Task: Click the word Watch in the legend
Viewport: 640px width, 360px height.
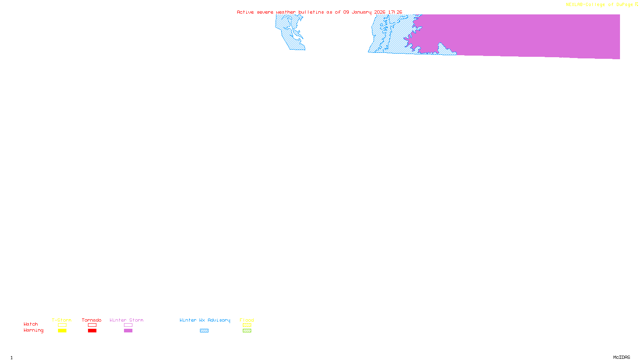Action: pyautogui.click(x=31, y=324)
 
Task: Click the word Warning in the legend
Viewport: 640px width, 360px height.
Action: pyautogui.click(x=34, y=330)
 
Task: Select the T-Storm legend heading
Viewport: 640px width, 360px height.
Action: pyautogui.click(x=62, y=320)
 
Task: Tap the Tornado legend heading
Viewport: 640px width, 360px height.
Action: pyautogui.click(x=92, y=320)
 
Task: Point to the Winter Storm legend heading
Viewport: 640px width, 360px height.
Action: pyautogui.click(x=126, y=320)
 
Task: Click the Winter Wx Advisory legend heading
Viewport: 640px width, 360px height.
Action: pyautogui.click(x=205, y=320)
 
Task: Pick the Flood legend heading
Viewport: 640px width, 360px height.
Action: pyautogui.click(x=247, y=320)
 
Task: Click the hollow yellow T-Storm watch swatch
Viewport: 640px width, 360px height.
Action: pyautogui.click(x=62, y=325)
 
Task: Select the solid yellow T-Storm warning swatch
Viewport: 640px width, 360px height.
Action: pyautogui.click(x=62, y=331)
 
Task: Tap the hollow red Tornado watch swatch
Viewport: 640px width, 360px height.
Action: pyautogui.click(x=92, y=325)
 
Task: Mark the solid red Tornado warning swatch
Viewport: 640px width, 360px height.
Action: pyautogui.click(x=92, y=331)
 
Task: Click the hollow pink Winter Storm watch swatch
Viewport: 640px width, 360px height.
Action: pyautogui.click(x=128, y=325)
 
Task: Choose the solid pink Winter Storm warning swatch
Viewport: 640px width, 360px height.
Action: pyautogui.click(x=128, y=331)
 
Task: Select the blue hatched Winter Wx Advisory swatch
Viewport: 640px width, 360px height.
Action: pyautogui.click(x=204, y=331)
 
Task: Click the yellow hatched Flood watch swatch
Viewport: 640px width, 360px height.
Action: pyautogui.click(x=247, y=325)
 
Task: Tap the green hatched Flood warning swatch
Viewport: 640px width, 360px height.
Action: pyautogui.click(x=247, y=331)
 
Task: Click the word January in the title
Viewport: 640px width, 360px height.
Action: pyautogui.click(x=362, y=12)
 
